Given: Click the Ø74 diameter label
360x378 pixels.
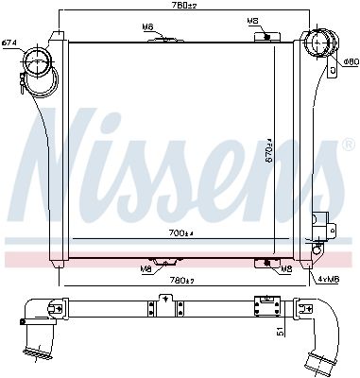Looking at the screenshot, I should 9,43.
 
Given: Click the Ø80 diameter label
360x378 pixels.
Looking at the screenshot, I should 350,62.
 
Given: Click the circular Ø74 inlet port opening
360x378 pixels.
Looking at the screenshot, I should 40,68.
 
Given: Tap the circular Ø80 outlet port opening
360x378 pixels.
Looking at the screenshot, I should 318,53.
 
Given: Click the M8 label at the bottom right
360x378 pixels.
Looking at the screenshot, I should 285,269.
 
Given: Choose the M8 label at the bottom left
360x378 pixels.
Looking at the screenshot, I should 146,269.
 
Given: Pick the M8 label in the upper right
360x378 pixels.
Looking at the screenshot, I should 252,20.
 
